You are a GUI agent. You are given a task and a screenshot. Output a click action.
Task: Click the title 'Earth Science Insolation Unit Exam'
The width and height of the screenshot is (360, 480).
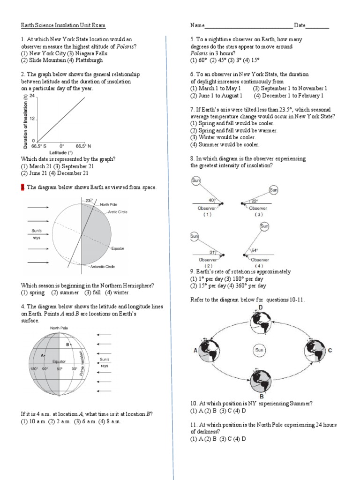pyautogui.click(x=66, y=25)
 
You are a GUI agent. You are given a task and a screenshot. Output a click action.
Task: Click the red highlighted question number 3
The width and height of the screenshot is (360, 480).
pyautogui.click(x=22, y=187)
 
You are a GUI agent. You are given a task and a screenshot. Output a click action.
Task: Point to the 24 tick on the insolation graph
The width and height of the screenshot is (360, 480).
pyautogui.click(x=32, y=96)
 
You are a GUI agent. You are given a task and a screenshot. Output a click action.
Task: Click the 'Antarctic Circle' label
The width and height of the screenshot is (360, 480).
pyautogui.click(x=103, y=267)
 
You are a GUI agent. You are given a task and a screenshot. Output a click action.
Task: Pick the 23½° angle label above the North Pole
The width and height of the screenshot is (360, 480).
pyautogui.click(x=89, y=201)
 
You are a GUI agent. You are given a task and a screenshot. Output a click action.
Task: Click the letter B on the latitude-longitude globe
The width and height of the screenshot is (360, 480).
pyautogui.click(x=67, y=345)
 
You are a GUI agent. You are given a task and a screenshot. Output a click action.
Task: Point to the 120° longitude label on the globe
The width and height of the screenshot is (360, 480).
pyautogui.click(x=34, y=369)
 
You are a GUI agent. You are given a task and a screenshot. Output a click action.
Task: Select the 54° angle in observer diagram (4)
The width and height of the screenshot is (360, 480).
pyautogui.click(x=255, y=250)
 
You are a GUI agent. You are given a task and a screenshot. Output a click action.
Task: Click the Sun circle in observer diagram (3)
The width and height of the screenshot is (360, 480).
pyautogui.click(x=273, y=190)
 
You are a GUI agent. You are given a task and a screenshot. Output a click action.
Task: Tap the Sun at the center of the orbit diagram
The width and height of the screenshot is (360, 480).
pyautogui.click(x=259, y=350)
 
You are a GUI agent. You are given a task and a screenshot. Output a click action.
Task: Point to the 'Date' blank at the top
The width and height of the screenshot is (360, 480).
pyautogui.click(x=318, y=25)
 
